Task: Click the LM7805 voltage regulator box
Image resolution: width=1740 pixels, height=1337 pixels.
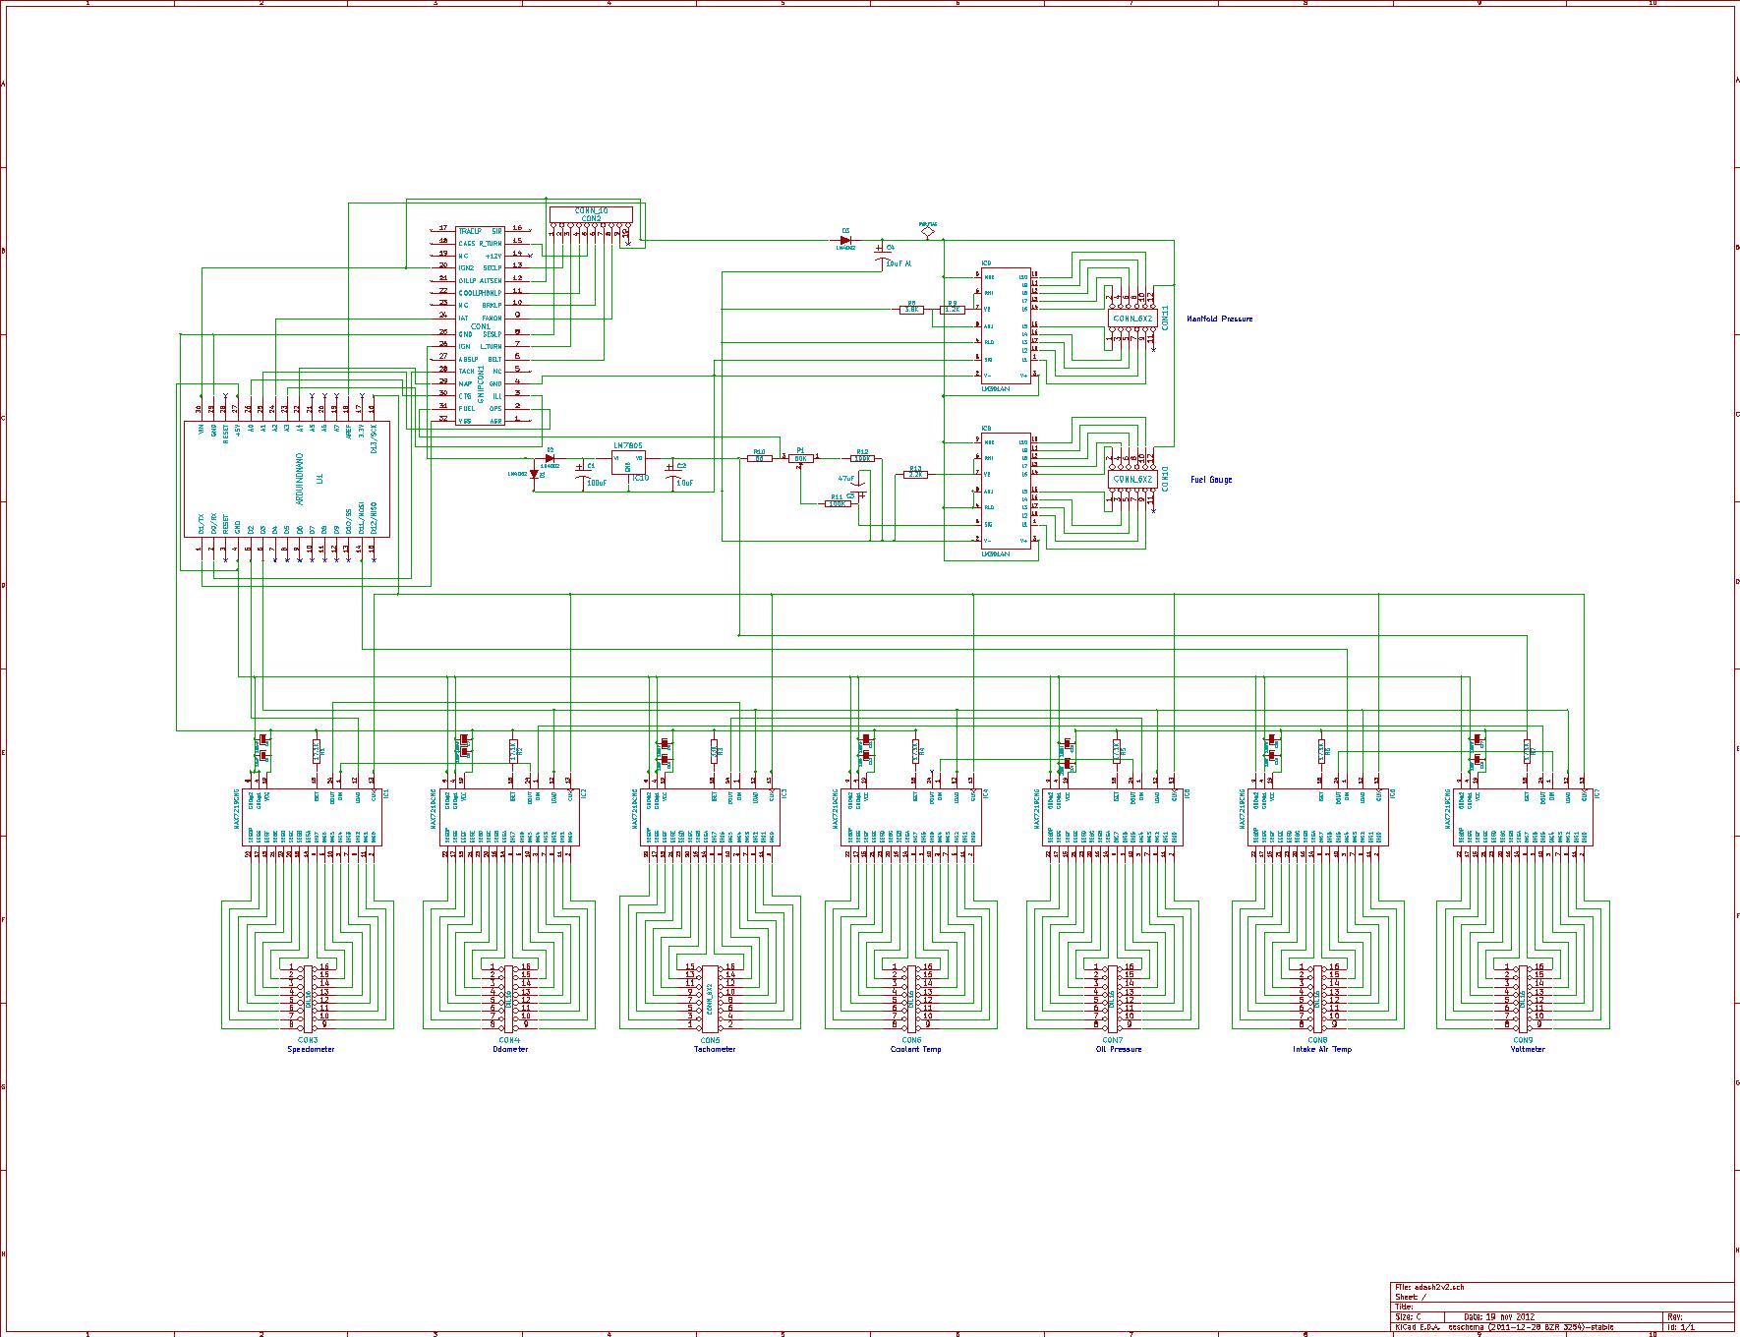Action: pyautogui.click(x=628, y=462)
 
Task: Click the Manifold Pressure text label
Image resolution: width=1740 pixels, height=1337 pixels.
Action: pyautogui.click(x=1219, y=320)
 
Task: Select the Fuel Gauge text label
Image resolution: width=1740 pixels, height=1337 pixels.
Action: pyautogui.click(x=1210, y=480)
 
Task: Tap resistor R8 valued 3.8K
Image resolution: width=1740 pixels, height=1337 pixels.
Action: pyautogui.click(x=911, y=310)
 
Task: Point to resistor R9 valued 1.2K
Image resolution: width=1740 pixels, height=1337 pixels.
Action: pyautogui.click(x=952, y=310)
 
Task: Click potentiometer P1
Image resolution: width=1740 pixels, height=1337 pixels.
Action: pyautogui.click(x=800, y=458)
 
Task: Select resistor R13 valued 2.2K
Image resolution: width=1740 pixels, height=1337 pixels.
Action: pyautogui.click(x=915, y=475)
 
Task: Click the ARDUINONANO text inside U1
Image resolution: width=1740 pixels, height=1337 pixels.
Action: pyautogui.click(x=299, y=480)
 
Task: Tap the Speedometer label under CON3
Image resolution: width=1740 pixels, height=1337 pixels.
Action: pyautogui.click(x=311, y=1049)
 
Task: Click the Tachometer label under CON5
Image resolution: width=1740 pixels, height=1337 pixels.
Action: pyautogui.click(x=714, y=1049)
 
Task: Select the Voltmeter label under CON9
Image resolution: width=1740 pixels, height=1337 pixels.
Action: pyautogui.click(x=1527, y=1049)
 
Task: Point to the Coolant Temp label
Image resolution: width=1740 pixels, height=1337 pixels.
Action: pyautogui.click(x=915, y=1049)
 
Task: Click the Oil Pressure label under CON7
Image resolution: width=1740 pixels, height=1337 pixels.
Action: pyautogui.click(x=1119, y=1049)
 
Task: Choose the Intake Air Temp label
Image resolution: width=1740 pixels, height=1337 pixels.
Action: pyautogui.click(x=1321, y=1049)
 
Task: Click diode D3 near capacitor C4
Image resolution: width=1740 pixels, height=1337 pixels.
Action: pyautogui.click(x=845, y=240)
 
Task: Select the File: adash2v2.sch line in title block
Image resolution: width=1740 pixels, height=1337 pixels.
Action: pyautogui.click(x=1429, y=1287)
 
